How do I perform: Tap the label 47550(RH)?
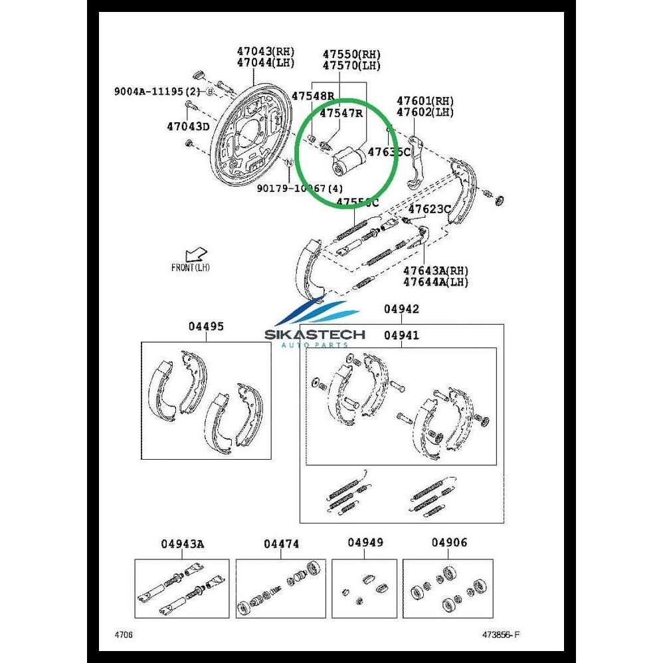tap(352, 54)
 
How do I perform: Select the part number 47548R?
tap(312, 96)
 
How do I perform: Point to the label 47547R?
tap(341, 113)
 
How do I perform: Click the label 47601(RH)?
tap(425, 101)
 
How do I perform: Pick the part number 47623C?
tap(429, 209)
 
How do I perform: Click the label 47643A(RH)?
tap(436, 271)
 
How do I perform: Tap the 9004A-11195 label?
tap(152, 92)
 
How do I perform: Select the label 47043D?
tap(188, 126)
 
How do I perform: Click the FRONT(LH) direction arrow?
tap(197, 255)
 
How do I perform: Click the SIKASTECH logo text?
tap(315, 334)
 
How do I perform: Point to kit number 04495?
tap(206, 326)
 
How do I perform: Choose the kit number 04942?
tap(402, 310)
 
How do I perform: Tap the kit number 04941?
tap(402, 335)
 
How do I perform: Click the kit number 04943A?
tap(182, 544)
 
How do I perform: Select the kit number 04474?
tap(281, 544)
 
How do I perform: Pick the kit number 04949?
tap(365, 543)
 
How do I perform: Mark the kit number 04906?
tap(449, 543)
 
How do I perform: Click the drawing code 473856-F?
tap(500, 634)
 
